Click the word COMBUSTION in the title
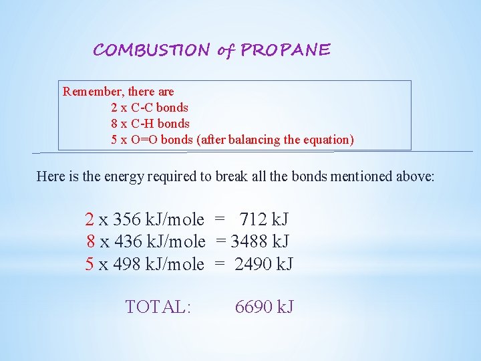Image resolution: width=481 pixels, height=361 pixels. coord(151,50)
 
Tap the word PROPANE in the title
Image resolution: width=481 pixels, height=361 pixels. coord(285,50)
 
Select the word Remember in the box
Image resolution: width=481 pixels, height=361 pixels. coord(91,91)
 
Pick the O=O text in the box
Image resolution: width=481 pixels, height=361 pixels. coord(144,140)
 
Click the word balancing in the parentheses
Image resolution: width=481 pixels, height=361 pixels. coord(254,140)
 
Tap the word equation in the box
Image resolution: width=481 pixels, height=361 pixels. coord(327,140)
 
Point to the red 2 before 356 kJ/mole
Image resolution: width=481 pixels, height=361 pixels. coord(90,219)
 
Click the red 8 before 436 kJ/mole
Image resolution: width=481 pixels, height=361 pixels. coord(90,241)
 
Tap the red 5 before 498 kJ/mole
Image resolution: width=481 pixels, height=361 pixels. coord(90,264)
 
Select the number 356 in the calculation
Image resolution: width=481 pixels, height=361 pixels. coord(127,219)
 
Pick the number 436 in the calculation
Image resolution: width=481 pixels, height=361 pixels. coord(127,241)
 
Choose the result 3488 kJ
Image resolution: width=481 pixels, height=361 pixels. coord(260,241)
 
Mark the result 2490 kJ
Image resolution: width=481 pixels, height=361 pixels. coord(263,264)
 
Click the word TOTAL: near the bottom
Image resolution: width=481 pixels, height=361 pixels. coord(158,307)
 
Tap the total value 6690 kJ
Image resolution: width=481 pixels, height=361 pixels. coord(264,307)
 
